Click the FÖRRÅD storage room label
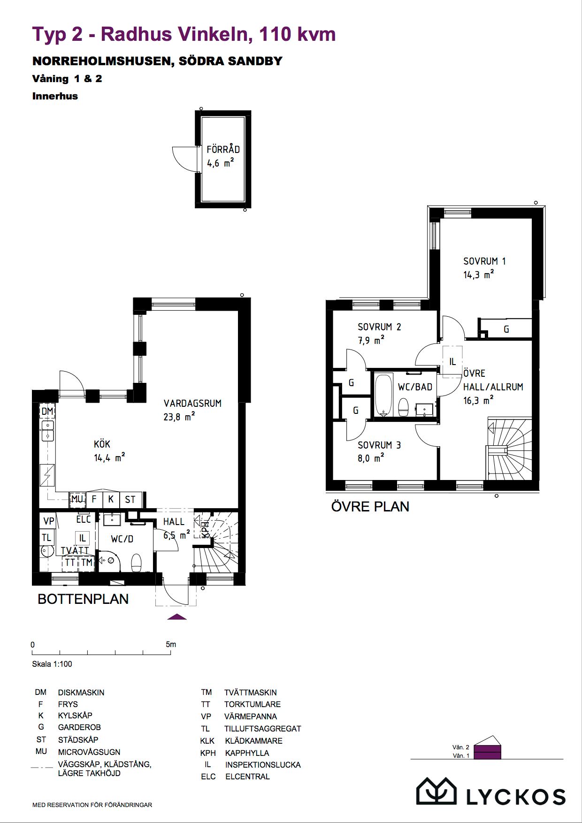tap(223, 149)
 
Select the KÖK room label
tap(102, 444)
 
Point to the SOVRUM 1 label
tap(484, 261)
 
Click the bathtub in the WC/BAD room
tap(384, 395)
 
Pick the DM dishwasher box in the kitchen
tap(47, 411)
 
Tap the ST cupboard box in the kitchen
tap(130, 499)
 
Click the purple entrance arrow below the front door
tap(177, 617)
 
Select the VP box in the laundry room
tap(49, 521)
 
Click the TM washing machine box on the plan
tap(87, 562)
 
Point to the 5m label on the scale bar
tap(171, 644)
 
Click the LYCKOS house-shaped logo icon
tap(437, 791)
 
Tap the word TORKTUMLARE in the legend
tap(253, 704)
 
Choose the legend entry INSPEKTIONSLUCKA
tap(263, 764)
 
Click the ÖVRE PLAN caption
tap(370, 507)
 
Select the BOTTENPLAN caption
tap(83, 599)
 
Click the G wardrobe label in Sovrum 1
tap(506, 329)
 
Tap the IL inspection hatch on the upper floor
tap(452, 362)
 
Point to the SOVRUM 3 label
tap(379, 445)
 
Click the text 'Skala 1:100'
tap(52, 664)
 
